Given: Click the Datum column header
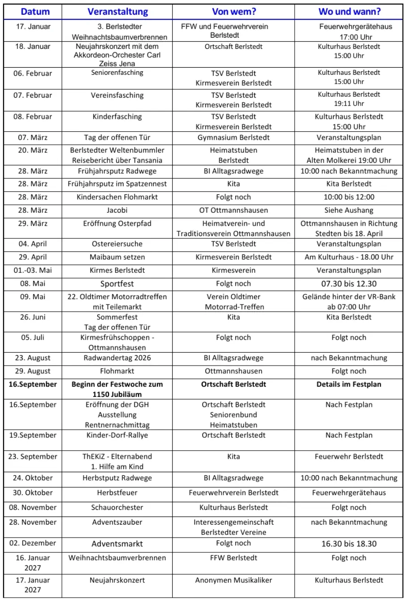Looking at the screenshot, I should click(35, 12).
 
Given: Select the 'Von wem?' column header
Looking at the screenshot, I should click(233, 12).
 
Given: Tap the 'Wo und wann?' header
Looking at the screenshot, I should click(349, 12).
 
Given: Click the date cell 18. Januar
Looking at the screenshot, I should click(33, 47).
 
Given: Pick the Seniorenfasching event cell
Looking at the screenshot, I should click(117, 73).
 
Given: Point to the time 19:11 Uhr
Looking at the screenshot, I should click(349, 103).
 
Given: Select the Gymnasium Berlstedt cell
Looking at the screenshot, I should click(234, 138).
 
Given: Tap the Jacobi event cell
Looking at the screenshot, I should click(117, 210).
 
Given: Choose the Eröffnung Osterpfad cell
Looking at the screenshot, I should click(117, 224).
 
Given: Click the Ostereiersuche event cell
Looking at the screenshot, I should click(117, 244).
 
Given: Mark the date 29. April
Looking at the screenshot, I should click(33, 257).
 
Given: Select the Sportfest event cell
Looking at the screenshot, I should click(117, 284).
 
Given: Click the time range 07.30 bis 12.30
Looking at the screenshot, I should click(349, 284).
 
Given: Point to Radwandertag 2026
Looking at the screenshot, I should click(117, 358).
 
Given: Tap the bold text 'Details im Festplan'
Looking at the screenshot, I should click(349, 384).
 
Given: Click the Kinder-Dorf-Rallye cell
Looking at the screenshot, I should click(117, 435).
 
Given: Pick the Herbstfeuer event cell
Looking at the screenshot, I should click(117, 493).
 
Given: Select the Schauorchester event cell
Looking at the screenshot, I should click(117, 508).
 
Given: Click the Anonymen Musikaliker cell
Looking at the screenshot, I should click(234, 580).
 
